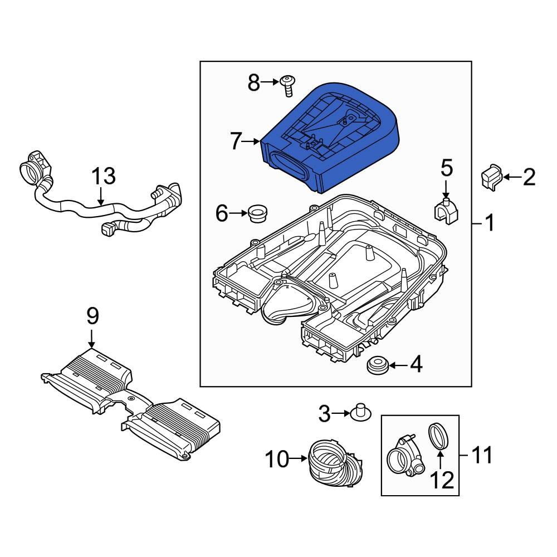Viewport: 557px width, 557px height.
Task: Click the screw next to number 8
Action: pos(289,85)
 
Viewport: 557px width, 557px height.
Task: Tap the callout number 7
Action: pos(236,142)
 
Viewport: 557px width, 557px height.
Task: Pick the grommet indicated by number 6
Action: pos(257,213)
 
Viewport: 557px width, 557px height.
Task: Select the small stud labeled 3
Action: pos(360,413)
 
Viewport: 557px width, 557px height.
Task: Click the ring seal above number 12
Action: pos(439,436)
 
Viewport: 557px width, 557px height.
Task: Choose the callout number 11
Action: pos(482,456)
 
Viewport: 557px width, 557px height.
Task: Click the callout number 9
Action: pos(92,316)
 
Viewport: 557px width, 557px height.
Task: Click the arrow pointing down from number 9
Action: pos(92,338)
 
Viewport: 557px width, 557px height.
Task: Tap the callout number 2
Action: pos(529,177)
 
